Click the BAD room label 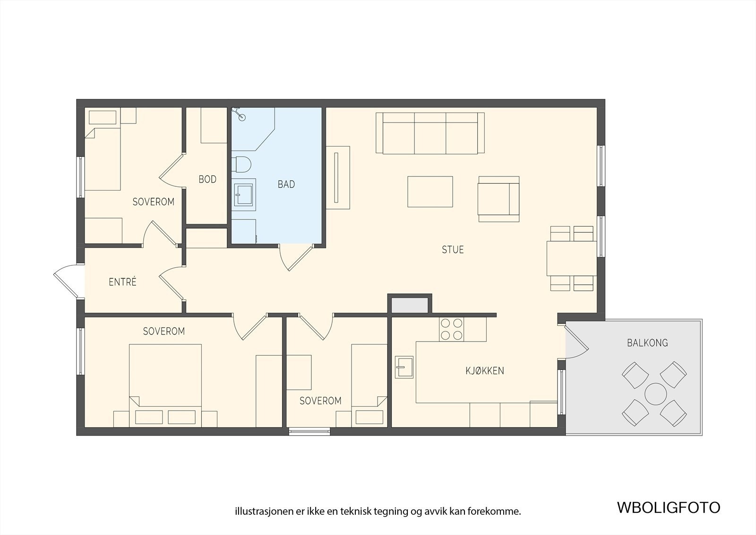(286, 184)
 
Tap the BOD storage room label (207, 179)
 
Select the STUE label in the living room (453, 249)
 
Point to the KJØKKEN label (485, 371)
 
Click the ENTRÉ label (122, 281)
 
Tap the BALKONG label (647, 342)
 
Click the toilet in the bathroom (241, 165)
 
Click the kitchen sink (404, 367)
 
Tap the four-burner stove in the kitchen (451, 329)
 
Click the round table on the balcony (655, 394)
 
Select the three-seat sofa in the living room (430, 133)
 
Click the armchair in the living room (499, 199)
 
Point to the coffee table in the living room (430, 191)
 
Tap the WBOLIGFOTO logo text (669, 508)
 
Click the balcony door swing (577, 342)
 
